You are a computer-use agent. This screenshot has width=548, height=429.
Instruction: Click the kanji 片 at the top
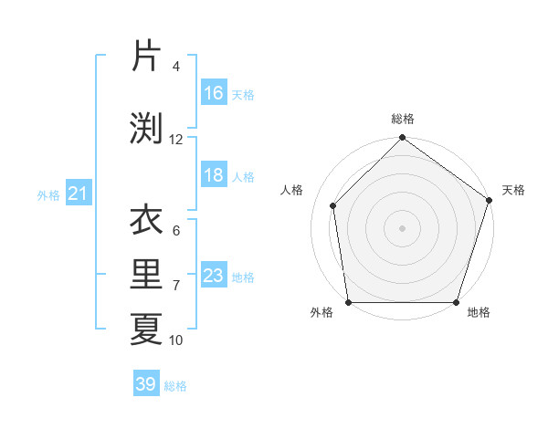click(146, 57)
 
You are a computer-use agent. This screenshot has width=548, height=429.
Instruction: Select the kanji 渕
click(146, 128)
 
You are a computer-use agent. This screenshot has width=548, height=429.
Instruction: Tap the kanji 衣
click(146, 220)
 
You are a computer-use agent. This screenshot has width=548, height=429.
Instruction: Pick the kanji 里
click(146, 274)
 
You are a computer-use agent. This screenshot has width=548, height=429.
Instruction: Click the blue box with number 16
click(214, 93)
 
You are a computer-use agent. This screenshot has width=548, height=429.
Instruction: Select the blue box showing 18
click(214, 175)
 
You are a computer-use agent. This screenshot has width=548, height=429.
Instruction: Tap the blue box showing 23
click(214, 276)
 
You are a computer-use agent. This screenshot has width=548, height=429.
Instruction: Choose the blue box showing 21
click(79, 194)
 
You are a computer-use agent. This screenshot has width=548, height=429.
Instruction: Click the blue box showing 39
click(146, 384)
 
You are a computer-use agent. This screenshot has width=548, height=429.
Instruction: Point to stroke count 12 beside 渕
click(176, 140)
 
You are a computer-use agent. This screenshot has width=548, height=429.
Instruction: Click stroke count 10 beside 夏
click(176, 340)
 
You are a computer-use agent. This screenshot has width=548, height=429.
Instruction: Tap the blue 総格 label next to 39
click(176, 386)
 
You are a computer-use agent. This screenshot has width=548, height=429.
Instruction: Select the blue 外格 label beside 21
click(48, 194)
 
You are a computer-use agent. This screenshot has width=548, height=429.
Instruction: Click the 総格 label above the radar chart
click(403, 119)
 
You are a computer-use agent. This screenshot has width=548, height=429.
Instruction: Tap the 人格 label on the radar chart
click(292, 190)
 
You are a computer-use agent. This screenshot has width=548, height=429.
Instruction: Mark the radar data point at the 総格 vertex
click(402, 140)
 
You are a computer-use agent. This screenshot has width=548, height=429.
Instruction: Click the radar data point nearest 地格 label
click(456, 302)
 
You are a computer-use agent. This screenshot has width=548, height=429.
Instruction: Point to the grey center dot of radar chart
click(402, 228)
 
